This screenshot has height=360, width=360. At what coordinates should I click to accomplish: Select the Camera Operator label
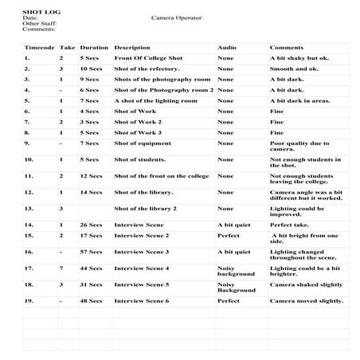click(176, 17)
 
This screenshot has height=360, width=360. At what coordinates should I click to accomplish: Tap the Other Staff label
click(37, 22)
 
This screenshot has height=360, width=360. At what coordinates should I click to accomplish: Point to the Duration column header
click(94, 48)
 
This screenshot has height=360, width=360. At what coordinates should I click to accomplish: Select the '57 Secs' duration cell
click(91, 252)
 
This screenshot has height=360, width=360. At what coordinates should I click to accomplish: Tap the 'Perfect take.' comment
click(289, 225)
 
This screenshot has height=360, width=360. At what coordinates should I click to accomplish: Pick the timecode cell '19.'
click(29, 301)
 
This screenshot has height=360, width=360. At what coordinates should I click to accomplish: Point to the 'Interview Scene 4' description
click(142, 268)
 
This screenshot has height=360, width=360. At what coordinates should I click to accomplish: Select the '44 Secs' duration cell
click(91, 268)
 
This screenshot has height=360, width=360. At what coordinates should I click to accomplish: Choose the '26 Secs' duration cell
click(91, 225)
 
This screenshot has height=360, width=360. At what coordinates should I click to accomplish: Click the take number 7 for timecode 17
click(61, 268)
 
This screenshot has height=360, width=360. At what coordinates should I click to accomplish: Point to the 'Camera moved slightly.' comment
click(306, 301)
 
